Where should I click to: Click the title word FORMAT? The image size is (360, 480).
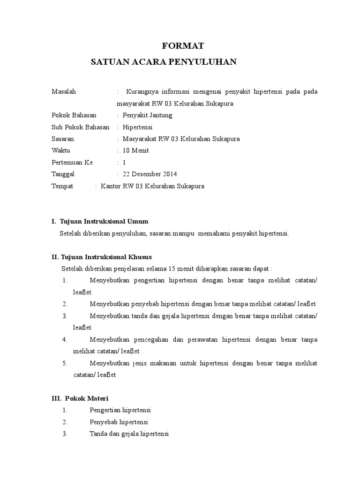[x=183, y=46]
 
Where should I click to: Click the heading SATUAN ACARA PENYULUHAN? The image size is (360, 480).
[x=164, y=62]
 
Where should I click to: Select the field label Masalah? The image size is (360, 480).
[x=63, y=91]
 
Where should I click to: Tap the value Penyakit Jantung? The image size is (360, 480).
[x=147, y=115]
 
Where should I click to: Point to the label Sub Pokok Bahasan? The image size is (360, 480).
[x=80, y=127]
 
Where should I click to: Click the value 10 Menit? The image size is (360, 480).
[x=135, y=150]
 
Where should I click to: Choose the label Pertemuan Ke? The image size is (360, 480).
[x=72, y=163]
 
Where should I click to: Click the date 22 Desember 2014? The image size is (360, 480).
[x=150, y=174]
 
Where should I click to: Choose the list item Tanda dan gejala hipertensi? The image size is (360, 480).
[x=129, y=434]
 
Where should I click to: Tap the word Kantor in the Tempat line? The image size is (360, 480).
[x=110, y=186]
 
